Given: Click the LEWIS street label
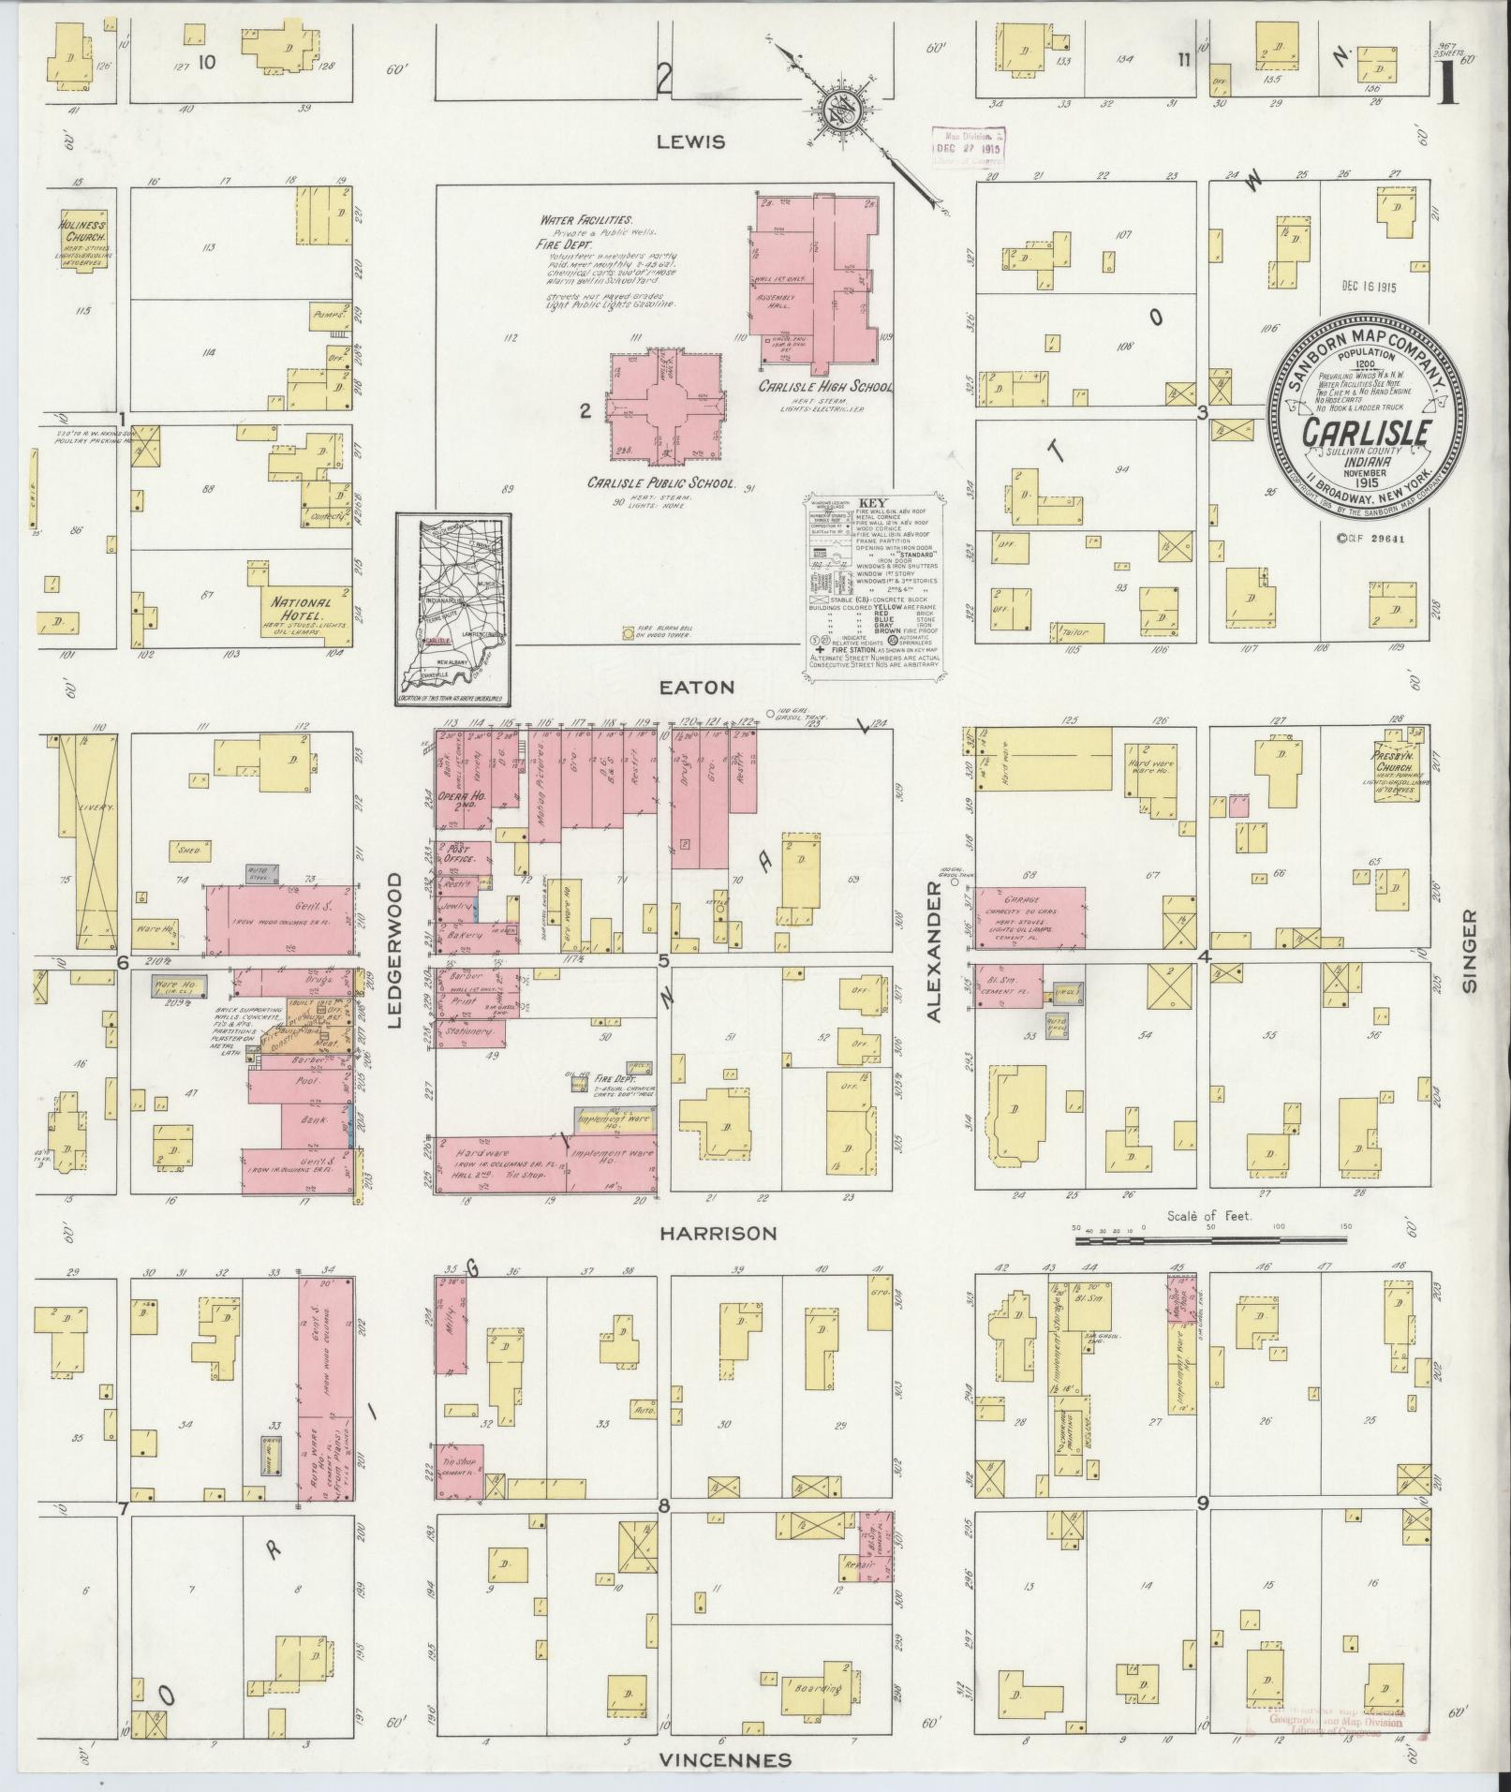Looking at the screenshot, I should click(690, 141).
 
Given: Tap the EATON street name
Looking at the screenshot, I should click(708, 687).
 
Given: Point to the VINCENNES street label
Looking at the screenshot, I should click(724, 1759).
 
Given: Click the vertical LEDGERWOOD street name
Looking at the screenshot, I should click(393, 950).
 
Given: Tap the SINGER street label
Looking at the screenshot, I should click(1468, 950).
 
